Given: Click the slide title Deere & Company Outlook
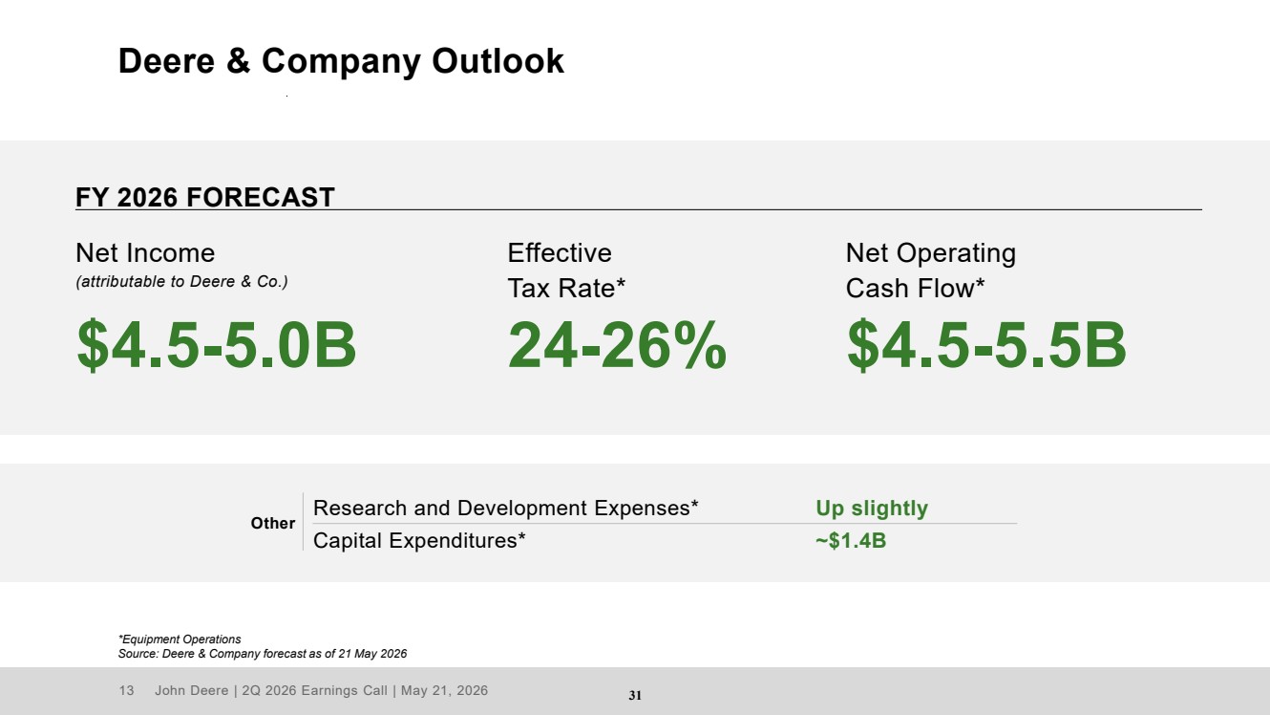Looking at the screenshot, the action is coord(341,61).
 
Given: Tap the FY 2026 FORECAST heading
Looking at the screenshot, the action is coord(204,198).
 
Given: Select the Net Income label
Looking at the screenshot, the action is coord(145,253).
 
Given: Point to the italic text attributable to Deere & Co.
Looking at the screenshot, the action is coord(181,281).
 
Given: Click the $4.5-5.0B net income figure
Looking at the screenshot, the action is coord(217,345).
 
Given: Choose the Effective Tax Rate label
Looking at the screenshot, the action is coord(566,271).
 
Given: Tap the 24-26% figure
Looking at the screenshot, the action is coord(617,345).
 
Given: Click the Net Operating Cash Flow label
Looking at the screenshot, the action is coord(930,271).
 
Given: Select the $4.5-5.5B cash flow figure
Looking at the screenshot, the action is coord(986,345).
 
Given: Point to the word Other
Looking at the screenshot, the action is coord(273,523).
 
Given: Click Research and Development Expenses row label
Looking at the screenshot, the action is coord(506,508).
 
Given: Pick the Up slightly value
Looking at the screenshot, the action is coord(872,509).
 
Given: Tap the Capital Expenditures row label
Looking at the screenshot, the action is coord(419,541).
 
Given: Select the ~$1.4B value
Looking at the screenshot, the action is coord(851,541).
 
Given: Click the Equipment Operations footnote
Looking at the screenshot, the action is coord(180,639).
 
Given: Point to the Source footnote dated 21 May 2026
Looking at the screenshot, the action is coord(263,654).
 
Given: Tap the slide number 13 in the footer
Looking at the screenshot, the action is coord(126,690).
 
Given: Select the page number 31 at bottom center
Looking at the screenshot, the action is coord(635,696).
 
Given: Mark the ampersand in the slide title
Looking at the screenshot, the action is coord(238,61).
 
